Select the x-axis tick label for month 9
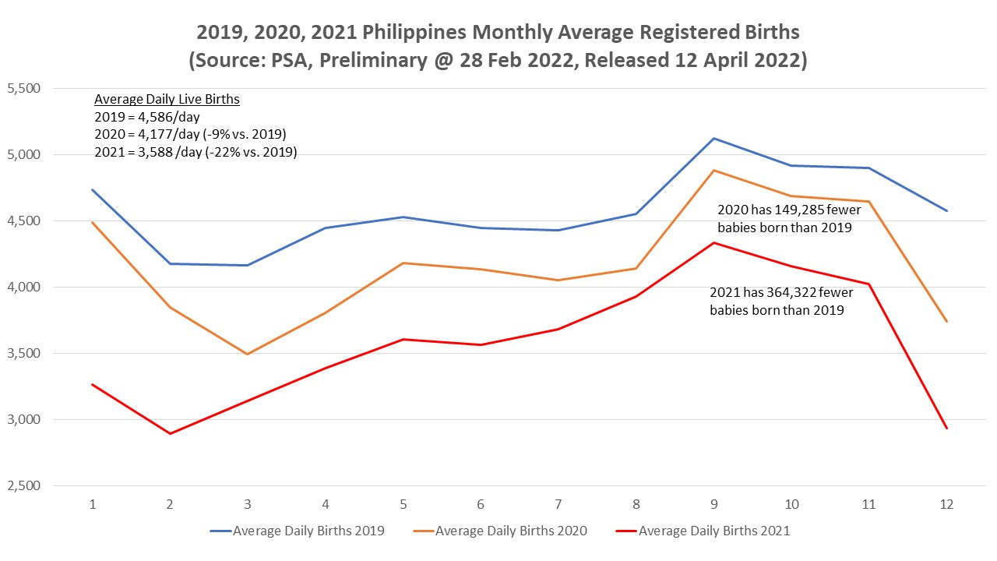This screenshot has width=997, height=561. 714,505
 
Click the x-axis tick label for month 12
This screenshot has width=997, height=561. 947,505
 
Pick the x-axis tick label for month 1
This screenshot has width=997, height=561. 93,505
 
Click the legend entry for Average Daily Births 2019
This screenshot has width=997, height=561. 298,531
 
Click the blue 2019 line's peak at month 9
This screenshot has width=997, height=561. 714,139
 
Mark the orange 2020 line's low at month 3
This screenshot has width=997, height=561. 248,355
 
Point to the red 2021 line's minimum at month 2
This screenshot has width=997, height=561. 170,433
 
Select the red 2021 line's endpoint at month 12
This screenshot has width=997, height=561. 947,428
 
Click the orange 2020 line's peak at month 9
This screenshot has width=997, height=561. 714,171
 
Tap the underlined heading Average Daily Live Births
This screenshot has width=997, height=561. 167,100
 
